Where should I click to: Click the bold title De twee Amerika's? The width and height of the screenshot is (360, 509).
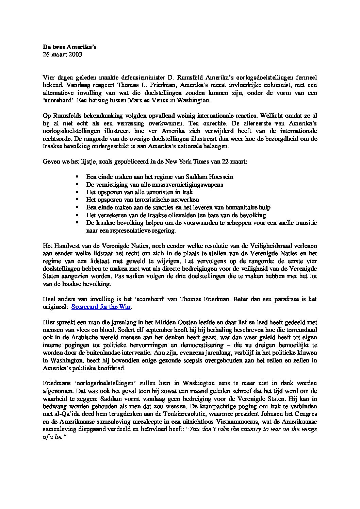[69, 47]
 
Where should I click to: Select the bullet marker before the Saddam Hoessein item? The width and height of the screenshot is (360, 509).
[78, 177]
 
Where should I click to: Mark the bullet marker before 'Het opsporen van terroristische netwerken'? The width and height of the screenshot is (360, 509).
[78, 200]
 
